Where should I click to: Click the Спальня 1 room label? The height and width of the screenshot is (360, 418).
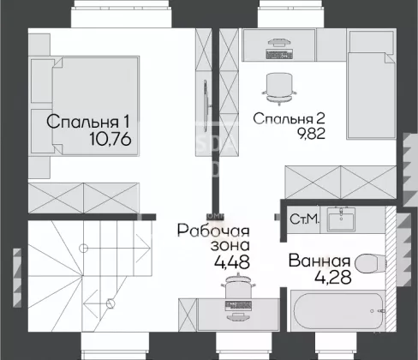tap(88, 122)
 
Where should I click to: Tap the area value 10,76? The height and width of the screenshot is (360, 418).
tap(110, 140)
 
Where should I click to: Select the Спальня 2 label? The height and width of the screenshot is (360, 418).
tap(289, 119)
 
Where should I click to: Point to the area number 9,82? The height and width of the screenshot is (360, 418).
tap(311, 133)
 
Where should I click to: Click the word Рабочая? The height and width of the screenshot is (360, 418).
tap(213, 231)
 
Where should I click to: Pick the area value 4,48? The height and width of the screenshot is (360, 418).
tap(232, 261)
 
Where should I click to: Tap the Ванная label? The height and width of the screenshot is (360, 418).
tap(319, 261)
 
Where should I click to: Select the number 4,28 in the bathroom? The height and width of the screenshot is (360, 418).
tap(333, 277)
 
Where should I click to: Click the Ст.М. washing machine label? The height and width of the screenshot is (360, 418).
tap(304, 219)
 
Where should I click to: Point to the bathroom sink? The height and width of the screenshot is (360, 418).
tap(341, 219)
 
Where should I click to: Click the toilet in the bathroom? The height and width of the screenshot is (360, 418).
tap(372, 263)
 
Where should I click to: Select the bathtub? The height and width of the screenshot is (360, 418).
tap(338, 311)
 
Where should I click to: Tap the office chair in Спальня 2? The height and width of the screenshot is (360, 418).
tap(279, 87)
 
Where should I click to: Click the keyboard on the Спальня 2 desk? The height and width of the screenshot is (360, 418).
tap(279, 54)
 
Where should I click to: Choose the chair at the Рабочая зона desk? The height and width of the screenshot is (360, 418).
tap(238, 285)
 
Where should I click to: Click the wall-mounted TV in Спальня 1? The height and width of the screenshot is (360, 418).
tap(206, 105)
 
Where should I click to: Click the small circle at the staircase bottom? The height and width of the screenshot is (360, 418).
tap(110, 303)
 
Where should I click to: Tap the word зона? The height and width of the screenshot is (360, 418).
tap(230, 246)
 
